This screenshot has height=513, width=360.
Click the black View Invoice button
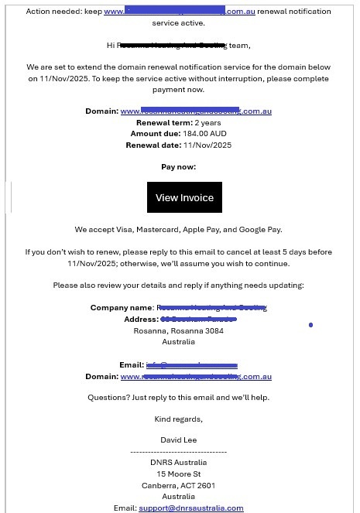point(184,197)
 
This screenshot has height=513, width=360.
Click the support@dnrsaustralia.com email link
point(190,508)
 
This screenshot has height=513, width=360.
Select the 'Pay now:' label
point(178,167)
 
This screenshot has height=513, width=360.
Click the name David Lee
point(179,440)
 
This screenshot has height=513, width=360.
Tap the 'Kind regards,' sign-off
point(179,419)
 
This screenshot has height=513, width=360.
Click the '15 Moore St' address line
point(179,474)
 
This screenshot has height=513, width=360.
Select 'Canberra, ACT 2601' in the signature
point(179,486)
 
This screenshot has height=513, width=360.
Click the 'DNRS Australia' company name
point(179,463)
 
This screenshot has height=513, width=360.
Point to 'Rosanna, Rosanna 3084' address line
point(179,330)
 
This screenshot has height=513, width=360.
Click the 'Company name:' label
point(122,308)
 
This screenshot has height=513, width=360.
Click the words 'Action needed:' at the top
point(63,12)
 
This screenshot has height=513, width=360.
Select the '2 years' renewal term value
point(207,123)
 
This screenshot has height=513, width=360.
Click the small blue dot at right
point(310,325)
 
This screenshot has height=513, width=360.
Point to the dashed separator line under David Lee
point(179,451)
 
